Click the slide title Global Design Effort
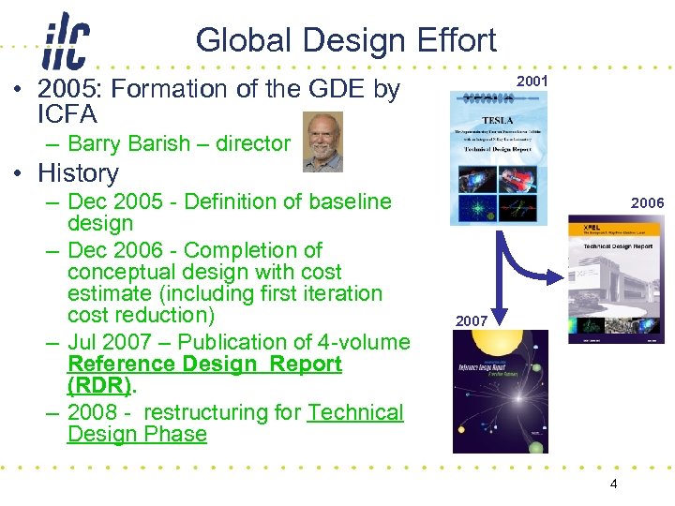point(346,40)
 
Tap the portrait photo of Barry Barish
point(323,141)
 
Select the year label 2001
point(532,82)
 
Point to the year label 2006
point(647,202)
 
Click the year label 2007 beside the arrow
point(472,320)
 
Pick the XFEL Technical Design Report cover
point(616,279)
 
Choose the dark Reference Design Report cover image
point(500,392)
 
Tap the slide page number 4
point(613,484)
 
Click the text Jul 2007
point(107,342)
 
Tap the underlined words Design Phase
point(137,434)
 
